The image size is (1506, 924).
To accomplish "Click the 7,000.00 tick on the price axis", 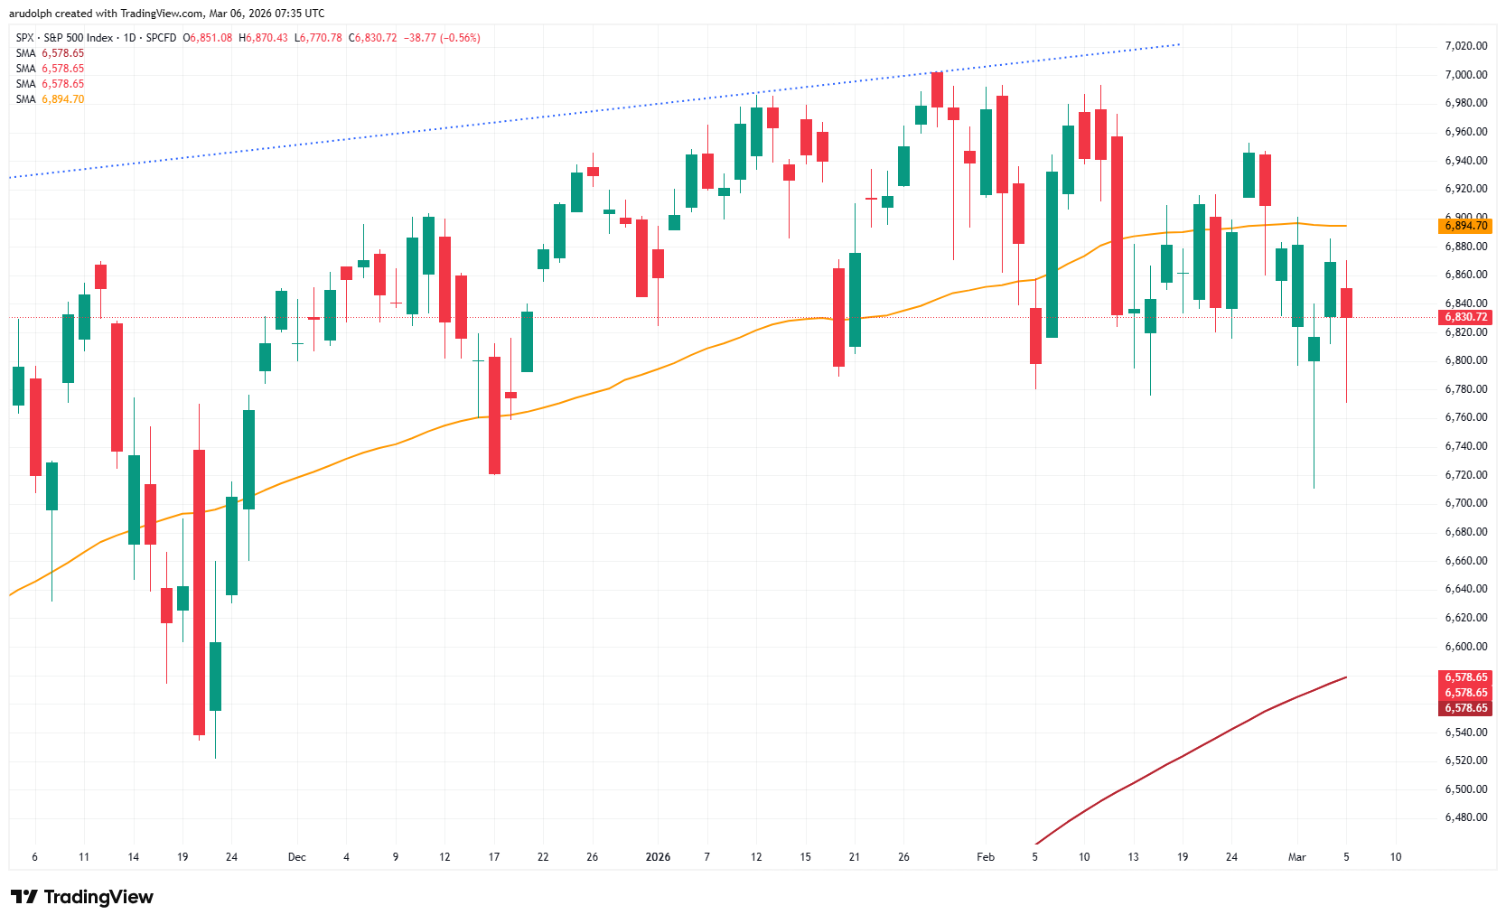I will click(1465, 74).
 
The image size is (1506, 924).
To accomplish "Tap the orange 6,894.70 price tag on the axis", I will click(1465, 226).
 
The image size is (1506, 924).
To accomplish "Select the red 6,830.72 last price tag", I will click(1465, 317).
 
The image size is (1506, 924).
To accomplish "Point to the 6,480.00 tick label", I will click(1465, 817).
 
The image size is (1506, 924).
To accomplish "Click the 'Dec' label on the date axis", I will click(296, 857).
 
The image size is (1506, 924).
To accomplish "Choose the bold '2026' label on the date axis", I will click(658, 857).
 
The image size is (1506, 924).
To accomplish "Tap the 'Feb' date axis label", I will click(985, 857).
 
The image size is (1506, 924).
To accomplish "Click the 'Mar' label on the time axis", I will click(1296, 857).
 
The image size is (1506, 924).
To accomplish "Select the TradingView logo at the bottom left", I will click(82, 897).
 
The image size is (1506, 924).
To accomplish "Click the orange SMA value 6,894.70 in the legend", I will click(63, 99).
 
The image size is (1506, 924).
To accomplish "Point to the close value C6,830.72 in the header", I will click(373, 38).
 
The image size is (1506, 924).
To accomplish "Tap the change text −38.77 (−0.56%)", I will click(442, 38).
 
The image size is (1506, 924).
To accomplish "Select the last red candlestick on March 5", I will click(1346, 303).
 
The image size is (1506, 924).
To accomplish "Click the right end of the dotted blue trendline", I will click(1180, 43).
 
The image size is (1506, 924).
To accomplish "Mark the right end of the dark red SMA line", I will click(1346, 677).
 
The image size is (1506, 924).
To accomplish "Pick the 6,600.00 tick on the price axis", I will click(1465, 647).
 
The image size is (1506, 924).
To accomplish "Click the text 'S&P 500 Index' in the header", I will click(79, 38).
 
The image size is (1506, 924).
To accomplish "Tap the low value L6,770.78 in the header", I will click(319, 38).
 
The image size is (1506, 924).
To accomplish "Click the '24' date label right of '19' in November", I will click(231, 857).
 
